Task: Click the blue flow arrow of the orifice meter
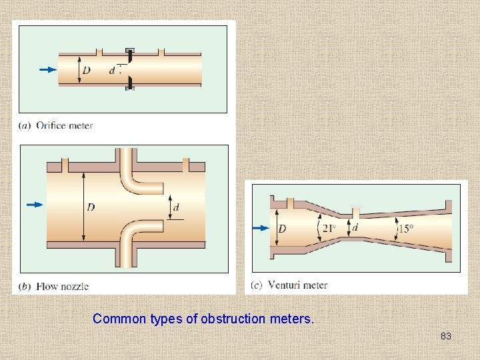48,69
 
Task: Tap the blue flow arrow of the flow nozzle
35,205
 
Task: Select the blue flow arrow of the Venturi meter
261,228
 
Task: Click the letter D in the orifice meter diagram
87,69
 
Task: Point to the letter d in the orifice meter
112,70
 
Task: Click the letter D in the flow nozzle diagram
91,207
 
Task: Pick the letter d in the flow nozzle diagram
176,207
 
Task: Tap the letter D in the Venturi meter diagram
282,229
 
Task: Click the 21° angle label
330,228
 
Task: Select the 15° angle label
406,229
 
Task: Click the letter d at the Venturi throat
355,227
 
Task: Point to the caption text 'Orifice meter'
64,125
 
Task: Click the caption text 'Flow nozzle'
63,287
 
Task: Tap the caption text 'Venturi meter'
297,285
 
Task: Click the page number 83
446,336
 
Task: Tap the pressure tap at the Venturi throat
356,212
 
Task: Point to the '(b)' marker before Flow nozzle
25,287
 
